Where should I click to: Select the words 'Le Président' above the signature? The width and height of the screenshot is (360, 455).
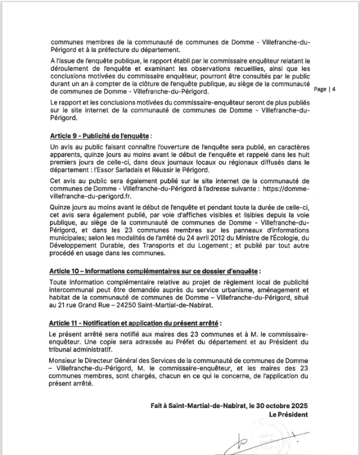point(288,414)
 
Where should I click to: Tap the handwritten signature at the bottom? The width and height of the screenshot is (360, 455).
point(260,440)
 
